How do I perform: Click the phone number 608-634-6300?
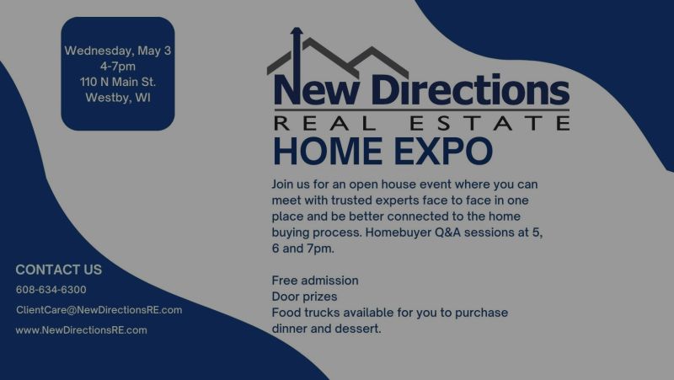click(51, 290)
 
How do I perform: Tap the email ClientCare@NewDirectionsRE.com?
click(99, 310)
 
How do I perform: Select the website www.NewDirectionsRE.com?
click(81, 330)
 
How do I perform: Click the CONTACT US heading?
click(58, 270)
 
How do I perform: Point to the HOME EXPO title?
click(382, 152)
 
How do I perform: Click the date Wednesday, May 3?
click(118, 51)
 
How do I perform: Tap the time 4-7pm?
click(118, 67)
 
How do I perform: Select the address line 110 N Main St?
click(118, 82)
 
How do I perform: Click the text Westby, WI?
click(118, 97)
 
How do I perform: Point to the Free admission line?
click(315, 280)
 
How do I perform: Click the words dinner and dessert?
click(327, 329)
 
